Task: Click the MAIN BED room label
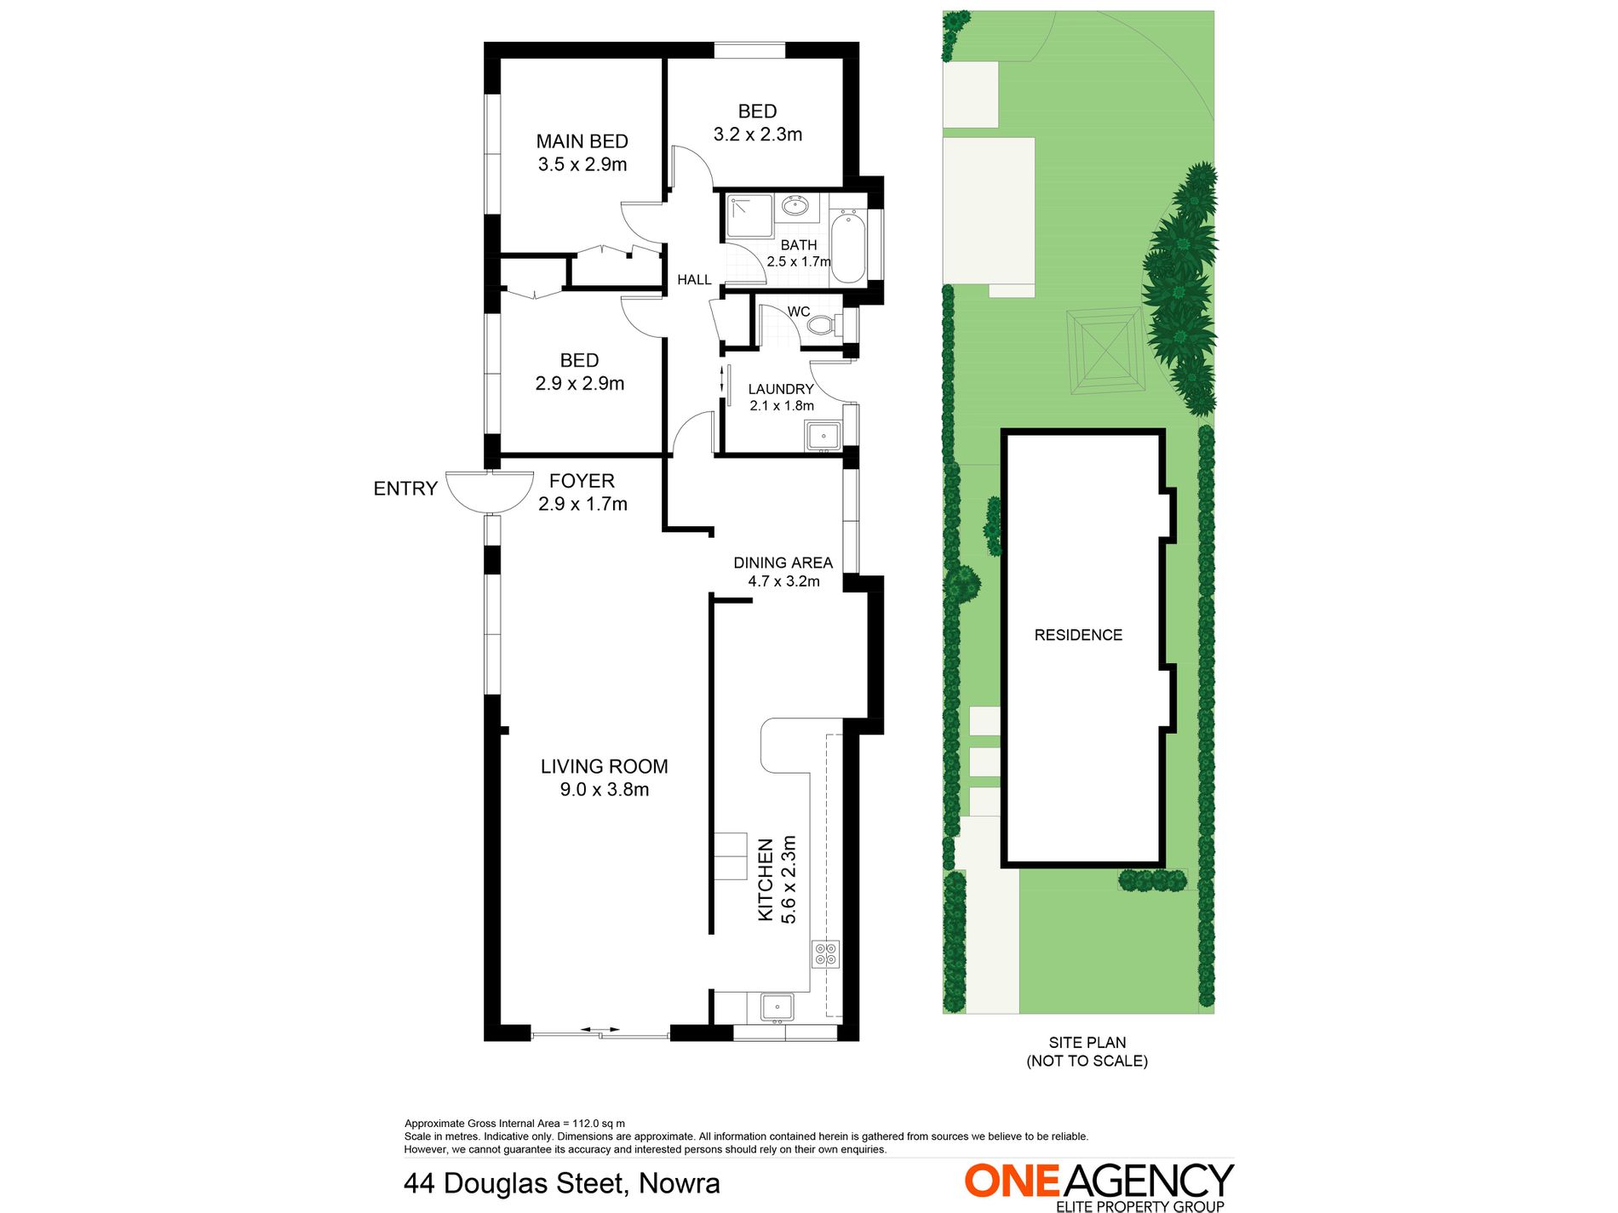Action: [x=582, y=141]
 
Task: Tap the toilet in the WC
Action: [x=821, y=324]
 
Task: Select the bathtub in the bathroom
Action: [x=847, y=247]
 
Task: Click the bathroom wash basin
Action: [x=795, y=206]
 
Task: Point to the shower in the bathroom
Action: [x=749, y=215]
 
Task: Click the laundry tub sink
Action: [x=823, y=437]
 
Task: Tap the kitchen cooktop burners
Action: [x=826, y=953]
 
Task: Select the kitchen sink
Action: [x=776, y=1007]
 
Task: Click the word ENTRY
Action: [x=405, y=489]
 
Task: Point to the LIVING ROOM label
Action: [x=604, y=766]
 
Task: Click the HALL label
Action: [x=694, y=279]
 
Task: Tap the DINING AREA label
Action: [x=783, y=563]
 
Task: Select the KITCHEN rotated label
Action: [x=766, y=879]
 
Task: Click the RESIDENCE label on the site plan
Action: [x=1078, y=635]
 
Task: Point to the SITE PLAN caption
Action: [x=1087, y=1043]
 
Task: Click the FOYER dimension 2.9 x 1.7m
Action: [x=582, y=504]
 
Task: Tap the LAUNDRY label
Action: [x=781, y=389]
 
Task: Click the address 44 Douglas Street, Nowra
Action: [x=562, y=1183]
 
